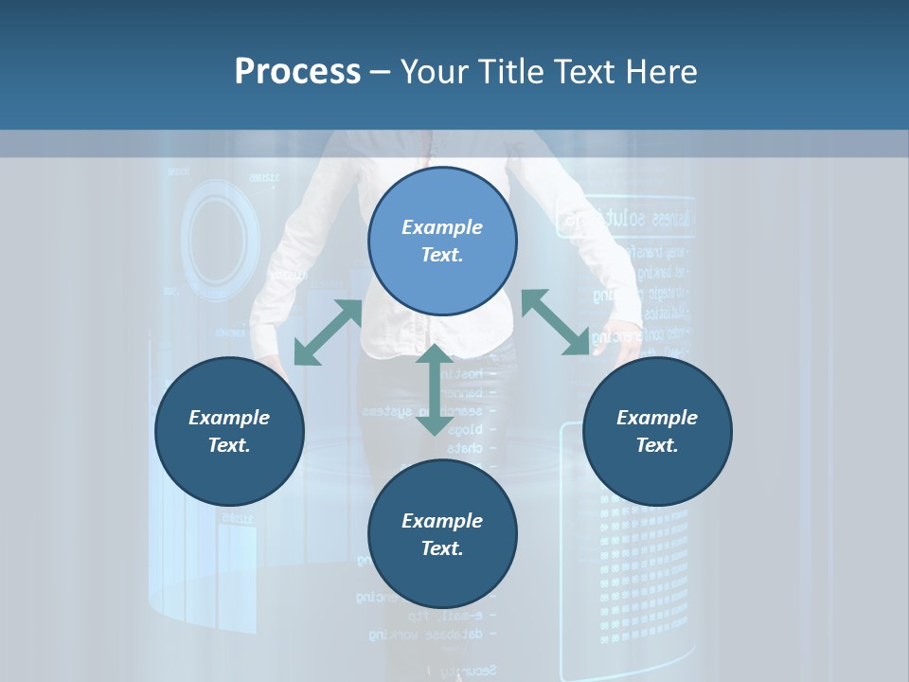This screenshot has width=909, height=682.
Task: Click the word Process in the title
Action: click(297, 72)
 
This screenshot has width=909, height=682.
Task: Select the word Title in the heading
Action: click(510, 72)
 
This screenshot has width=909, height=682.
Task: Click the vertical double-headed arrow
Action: click(435, 389)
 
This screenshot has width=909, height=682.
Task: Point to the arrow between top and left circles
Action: click(328, 332)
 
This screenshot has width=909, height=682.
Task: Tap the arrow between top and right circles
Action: click(555, 323)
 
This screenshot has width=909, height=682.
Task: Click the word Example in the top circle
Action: click(442, 227)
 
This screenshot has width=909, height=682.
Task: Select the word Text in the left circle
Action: click(228, 445)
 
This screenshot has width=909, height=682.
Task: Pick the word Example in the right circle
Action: click(657, 418)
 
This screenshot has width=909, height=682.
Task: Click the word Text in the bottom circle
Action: click(441, 548)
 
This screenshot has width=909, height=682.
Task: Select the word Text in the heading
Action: click(580, 72)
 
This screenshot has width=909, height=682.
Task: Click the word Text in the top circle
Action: click(441, 255)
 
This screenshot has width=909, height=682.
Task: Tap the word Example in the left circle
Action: click(229, 418)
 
